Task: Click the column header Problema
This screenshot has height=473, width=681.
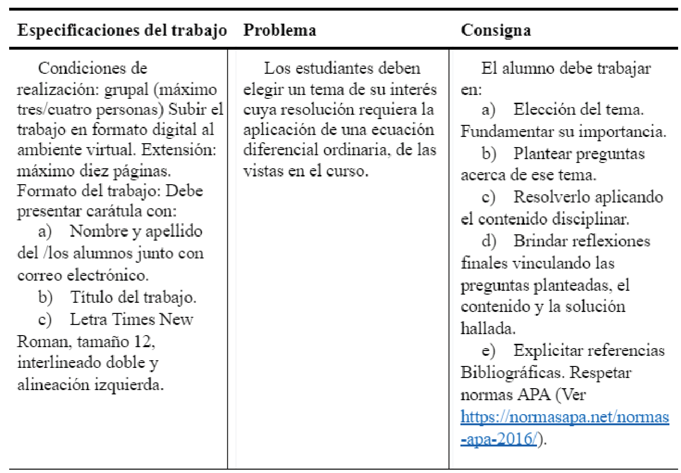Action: click(x=279, y=30)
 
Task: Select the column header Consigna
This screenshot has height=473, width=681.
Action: click(x=496, y=30)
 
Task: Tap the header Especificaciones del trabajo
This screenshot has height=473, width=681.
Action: click(x=122, y=30)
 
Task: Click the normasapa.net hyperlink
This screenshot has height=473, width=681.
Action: click(x=564, y=417)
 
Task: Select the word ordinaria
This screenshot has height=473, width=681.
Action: click(x=356, y=149)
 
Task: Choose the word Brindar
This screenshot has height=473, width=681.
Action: click(x=540, y=241)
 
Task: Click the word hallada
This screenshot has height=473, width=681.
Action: click(x=487, y=329)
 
